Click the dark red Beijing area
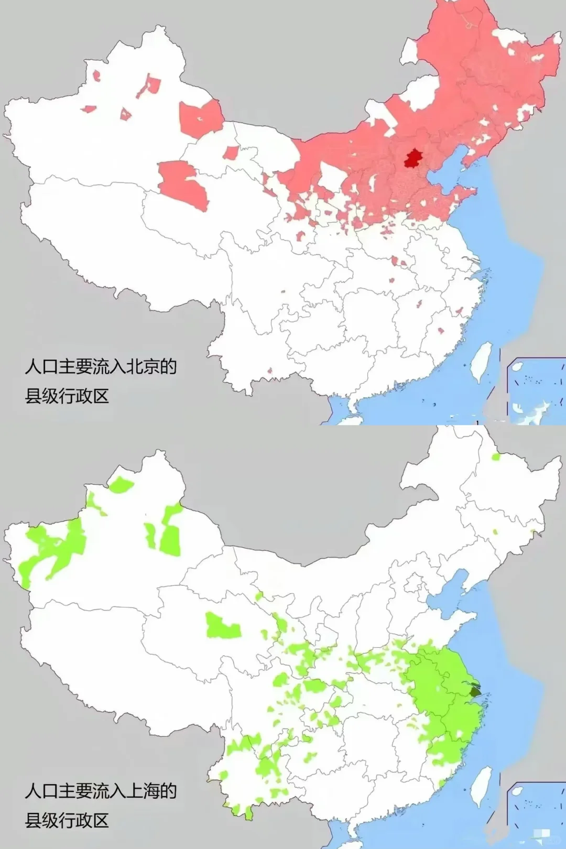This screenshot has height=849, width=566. click(413, 158)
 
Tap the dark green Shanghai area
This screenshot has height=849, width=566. click(475, 691)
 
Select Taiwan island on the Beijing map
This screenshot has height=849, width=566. click(481, 362)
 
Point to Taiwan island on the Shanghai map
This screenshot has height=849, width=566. click(481, 786)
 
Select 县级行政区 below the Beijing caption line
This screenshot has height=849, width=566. click(67, 396)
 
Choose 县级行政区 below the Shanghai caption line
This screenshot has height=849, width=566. click(67, 820)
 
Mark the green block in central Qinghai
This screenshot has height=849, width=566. click(223, 625)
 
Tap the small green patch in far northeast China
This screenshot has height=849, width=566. click(496, 456)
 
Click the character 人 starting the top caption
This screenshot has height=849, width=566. click(33, 366)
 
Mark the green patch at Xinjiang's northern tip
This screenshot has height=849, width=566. click(121, 485)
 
